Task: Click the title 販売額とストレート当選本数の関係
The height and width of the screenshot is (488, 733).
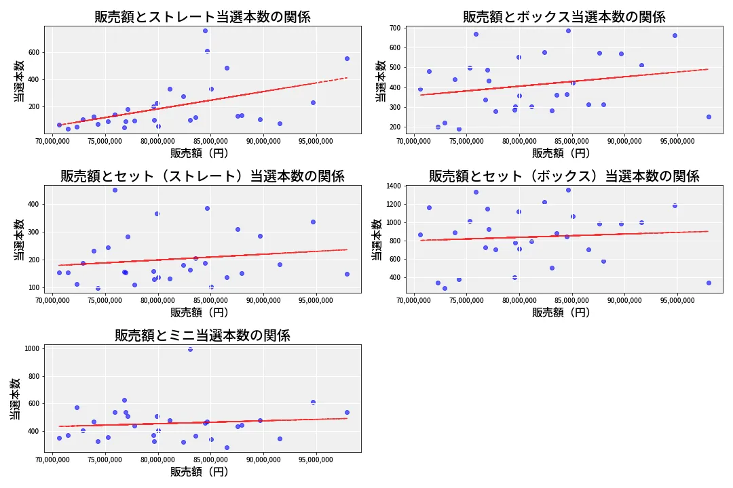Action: [202, 17]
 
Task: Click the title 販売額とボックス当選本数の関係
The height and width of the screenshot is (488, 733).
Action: [564, 17]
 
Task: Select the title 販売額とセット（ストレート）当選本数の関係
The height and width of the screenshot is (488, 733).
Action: [202, 176]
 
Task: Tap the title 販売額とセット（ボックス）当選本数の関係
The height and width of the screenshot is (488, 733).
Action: [564, 176]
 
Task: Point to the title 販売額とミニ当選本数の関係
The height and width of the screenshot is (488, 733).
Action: [202, 335]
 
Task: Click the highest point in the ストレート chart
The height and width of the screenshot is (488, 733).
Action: [205, 30]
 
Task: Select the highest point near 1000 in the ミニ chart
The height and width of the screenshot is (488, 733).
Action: [190, 349]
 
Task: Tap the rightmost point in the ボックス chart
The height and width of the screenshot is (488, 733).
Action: [708, 117]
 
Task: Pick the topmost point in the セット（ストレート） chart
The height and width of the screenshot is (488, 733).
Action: [115, 190]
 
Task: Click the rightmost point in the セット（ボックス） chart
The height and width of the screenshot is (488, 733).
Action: [708, 283]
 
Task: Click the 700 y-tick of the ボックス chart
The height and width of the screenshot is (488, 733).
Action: [394, 28]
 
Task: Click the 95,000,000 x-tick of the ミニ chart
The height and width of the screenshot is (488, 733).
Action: [314, 460]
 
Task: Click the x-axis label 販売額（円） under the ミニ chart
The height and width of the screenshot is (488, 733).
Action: [199, 472]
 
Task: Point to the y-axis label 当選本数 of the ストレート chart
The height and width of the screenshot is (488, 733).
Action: [20, 80]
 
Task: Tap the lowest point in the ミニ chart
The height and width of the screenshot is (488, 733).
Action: [227, 447]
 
